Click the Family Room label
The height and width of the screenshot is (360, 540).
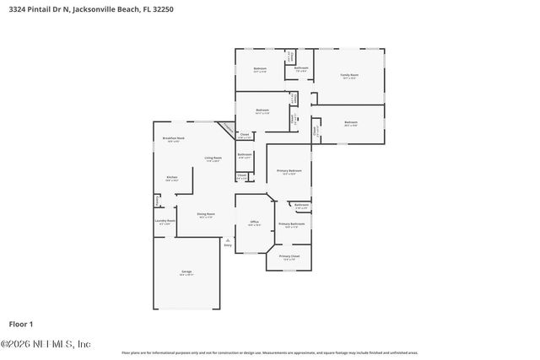[x=348, y=75]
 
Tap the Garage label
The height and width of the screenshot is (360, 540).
[x=186, y=271]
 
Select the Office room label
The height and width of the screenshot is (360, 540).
[x=254, y=223]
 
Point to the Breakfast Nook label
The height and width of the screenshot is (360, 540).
[x=174, y=138]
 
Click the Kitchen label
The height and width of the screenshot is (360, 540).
[x=171, y=177]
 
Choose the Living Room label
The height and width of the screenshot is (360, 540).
[x=213, y=158]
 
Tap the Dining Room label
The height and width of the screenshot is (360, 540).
[x=206, y=214]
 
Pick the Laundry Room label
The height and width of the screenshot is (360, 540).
[x=165, y=221]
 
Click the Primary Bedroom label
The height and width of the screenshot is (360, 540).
[x=289, y=171]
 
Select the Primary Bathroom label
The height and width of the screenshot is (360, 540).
[x=291, y=223]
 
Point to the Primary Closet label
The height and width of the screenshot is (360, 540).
[x=289, y=255]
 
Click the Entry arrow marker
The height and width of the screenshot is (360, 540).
[x=227, y=240]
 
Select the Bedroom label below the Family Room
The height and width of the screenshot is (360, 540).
[x=350, y=123]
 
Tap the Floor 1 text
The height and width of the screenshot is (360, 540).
[x=20, y=324]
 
